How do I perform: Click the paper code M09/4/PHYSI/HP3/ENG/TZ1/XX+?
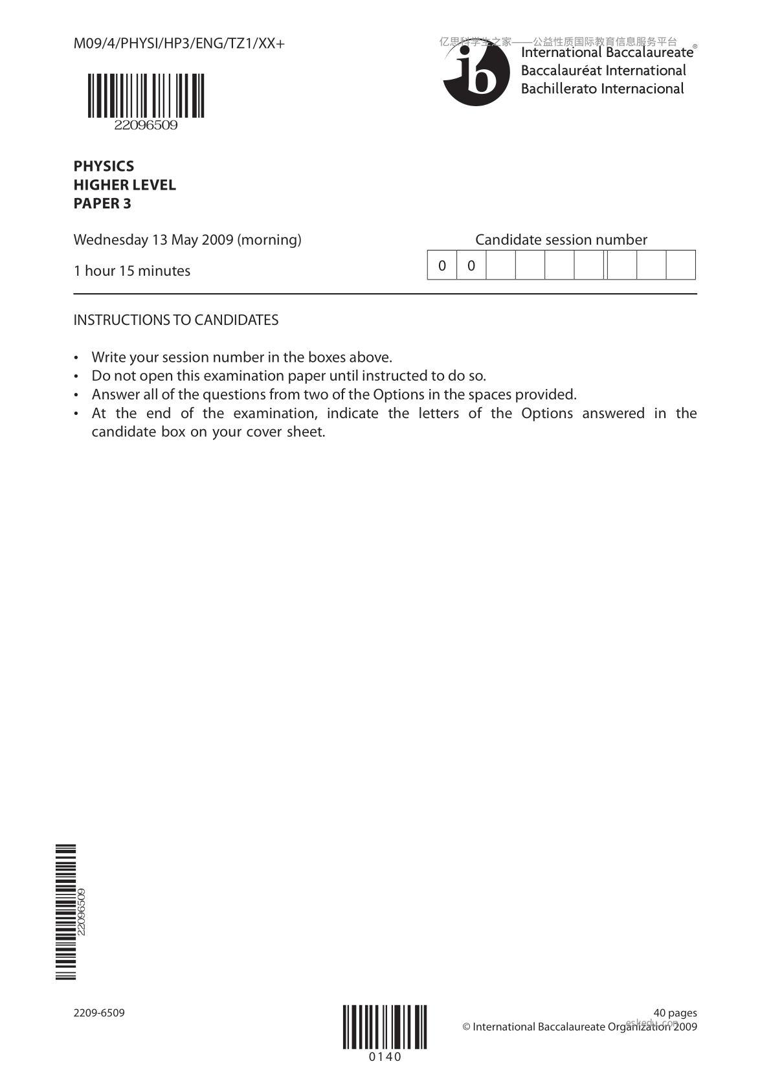tap(179, 43)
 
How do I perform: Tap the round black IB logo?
tap(471, 76)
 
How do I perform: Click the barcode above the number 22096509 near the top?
tap(146, 95)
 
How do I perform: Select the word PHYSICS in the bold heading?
tap(104, 166)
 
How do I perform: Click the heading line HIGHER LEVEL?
tap(124, 185)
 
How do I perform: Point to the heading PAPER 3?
tap(102, 204)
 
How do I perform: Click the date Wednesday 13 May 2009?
tap(153, 240)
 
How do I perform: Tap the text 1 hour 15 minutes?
tap(132, 271)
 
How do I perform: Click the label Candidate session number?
tap(561, 240)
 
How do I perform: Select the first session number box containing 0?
tap(442, 265)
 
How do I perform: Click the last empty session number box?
tap(680, 265)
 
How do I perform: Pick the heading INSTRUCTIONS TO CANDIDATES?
tap(176, 320)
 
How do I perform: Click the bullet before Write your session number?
tap(77, 358)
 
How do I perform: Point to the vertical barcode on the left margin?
tap(66, 912)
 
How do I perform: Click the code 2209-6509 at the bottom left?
tap(99, 1013)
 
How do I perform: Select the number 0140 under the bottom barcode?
tap(385, 1057)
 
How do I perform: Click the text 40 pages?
tap(675, 1013)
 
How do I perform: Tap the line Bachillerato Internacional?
tap(602, 89)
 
